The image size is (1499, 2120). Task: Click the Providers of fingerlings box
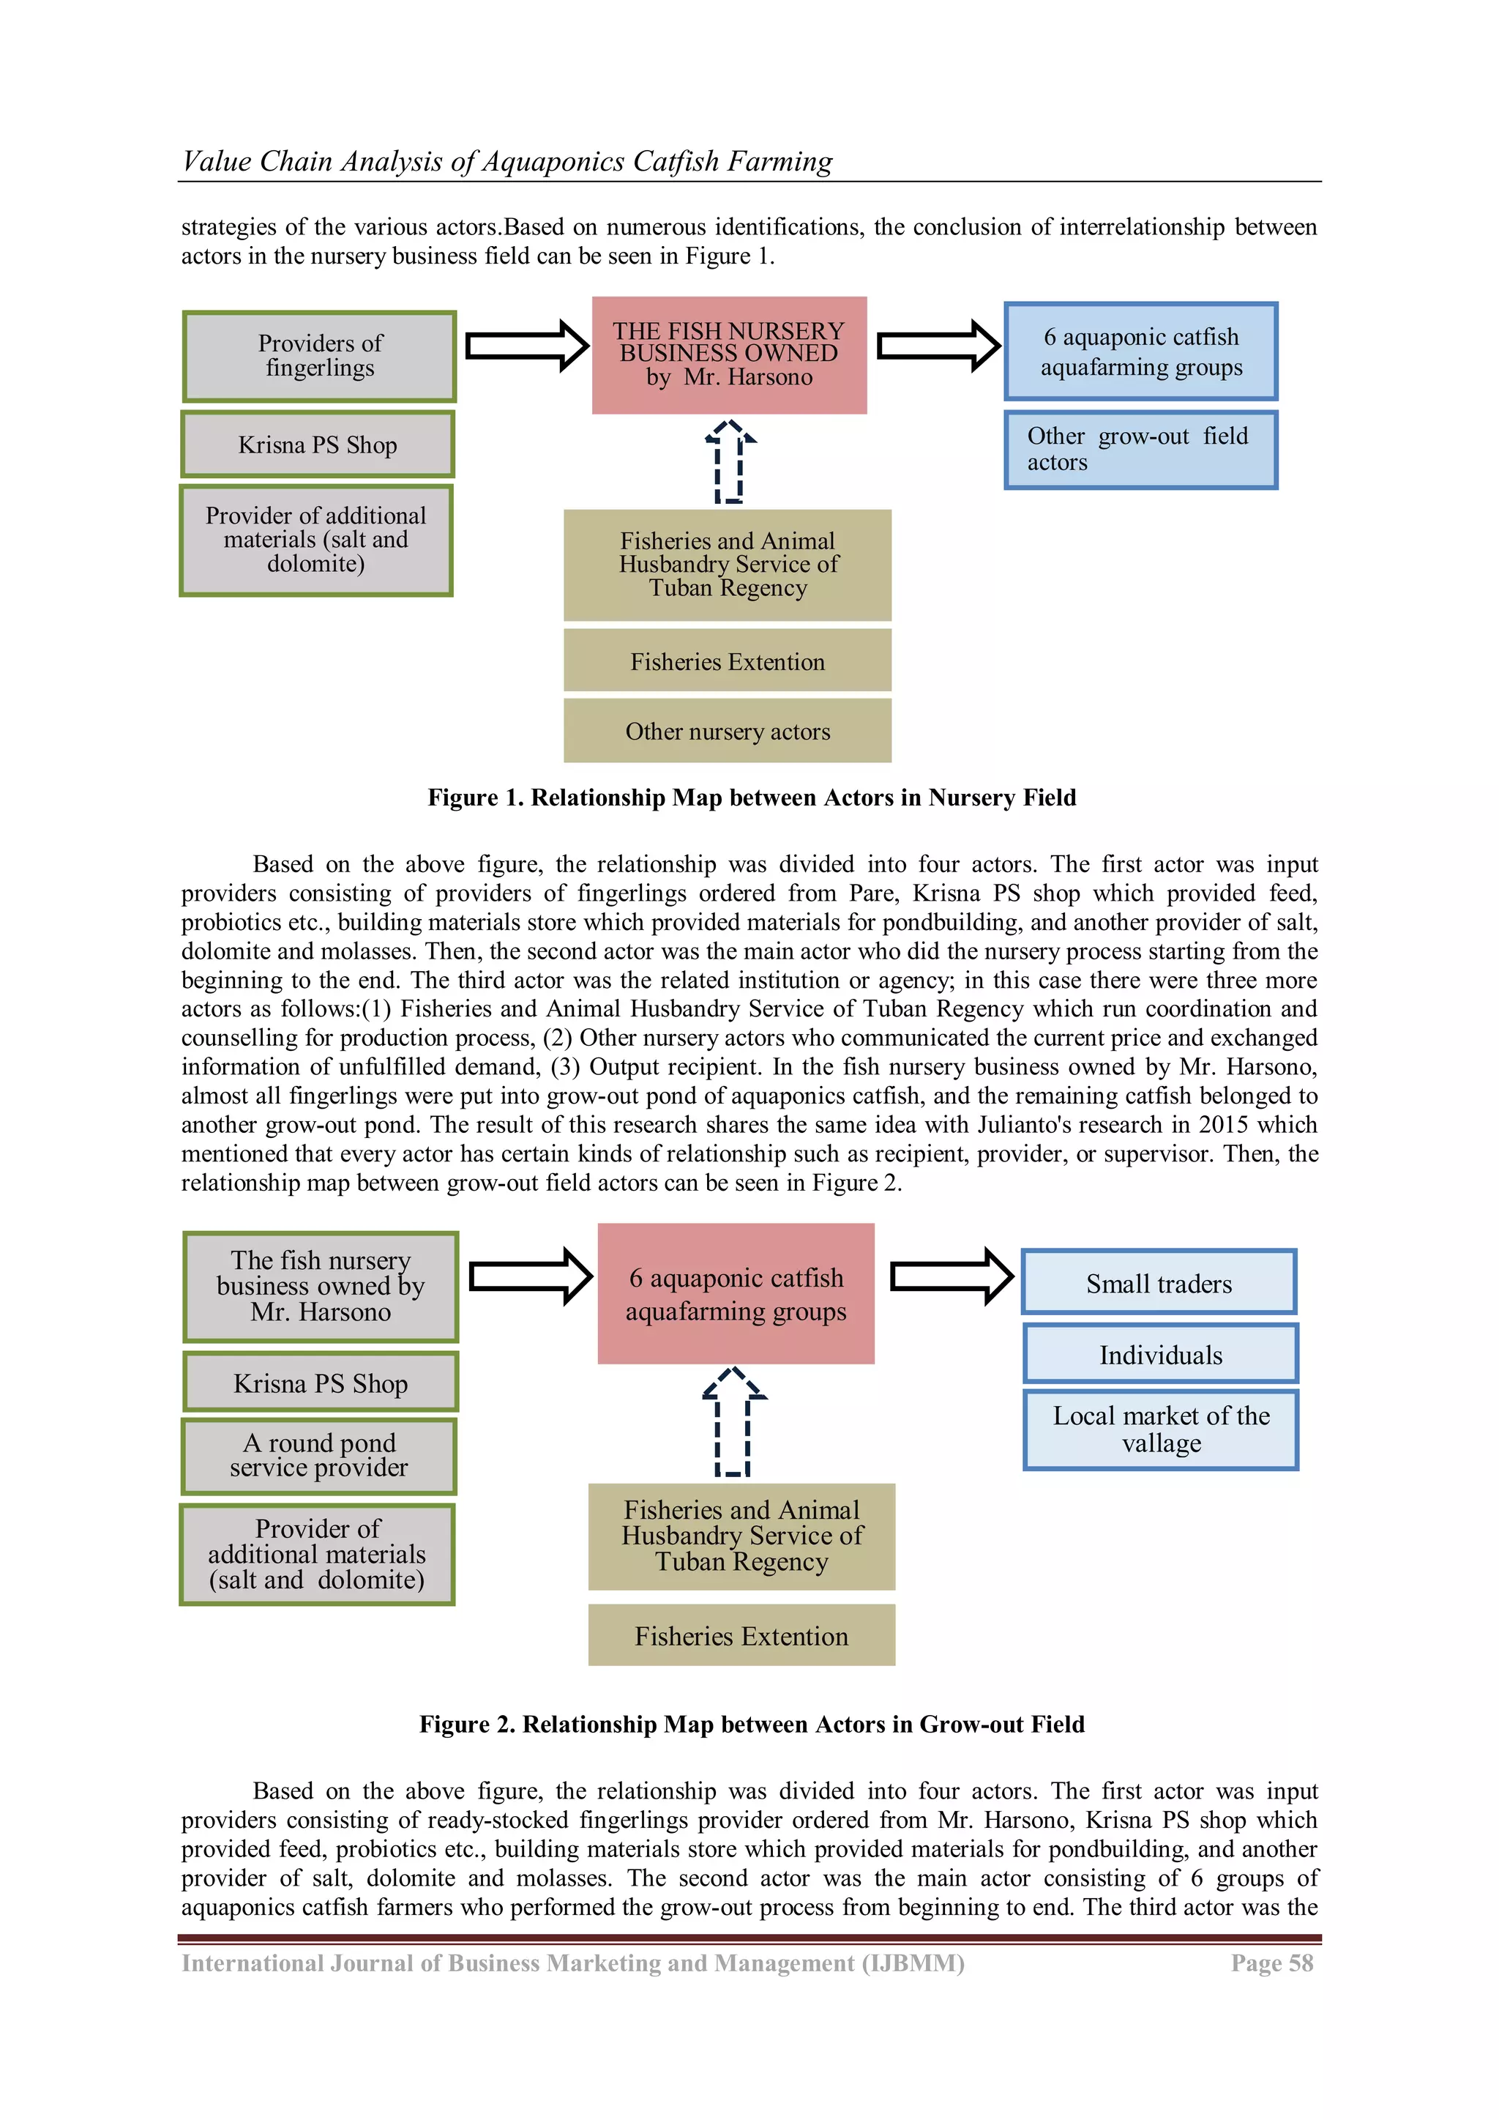point(319,357)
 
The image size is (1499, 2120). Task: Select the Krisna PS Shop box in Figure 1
point(318,445)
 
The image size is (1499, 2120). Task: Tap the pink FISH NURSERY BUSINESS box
point(729,354)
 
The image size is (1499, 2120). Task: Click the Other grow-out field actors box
point(1141,450)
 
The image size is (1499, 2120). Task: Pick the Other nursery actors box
point(728,732)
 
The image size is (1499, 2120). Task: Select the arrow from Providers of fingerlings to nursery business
point(526,346)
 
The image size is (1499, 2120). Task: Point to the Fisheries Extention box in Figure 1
point(728,661)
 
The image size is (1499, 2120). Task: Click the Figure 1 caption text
point(752,797)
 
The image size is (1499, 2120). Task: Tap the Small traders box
point(1159,1284)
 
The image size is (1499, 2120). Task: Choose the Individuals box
point(1160,1355)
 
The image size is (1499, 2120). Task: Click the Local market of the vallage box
point(1161,1429)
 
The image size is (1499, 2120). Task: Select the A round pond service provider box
point(319,1456)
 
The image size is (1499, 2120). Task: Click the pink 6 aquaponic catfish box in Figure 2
point(736,1294)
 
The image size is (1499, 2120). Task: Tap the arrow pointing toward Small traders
point(951,1277)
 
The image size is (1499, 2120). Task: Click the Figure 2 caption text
point(752,1725)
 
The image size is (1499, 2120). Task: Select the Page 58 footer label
point(1271,1963)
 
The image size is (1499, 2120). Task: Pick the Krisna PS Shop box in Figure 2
point(321,1383)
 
